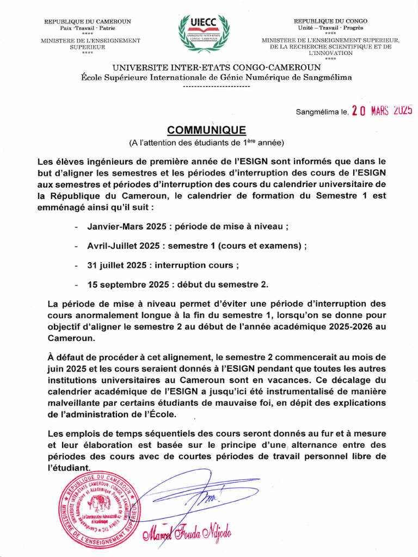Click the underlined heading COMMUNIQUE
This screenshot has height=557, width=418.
(x=206, y=130)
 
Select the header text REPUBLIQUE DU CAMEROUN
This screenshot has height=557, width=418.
(x=88, y=21)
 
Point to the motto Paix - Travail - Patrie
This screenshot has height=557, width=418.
(x=88, y=28)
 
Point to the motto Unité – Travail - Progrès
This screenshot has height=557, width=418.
(x=330, y=28)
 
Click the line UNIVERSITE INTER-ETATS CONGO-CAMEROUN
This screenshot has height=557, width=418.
(x=216, y=67)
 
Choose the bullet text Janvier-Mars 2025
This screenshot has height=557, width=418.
(x=123, y=226)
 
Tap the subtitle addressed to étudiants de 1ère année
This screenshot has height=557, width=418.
(x=206, y=143)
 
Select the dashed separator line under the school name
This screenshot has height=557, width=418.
(x=216, y=86)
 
